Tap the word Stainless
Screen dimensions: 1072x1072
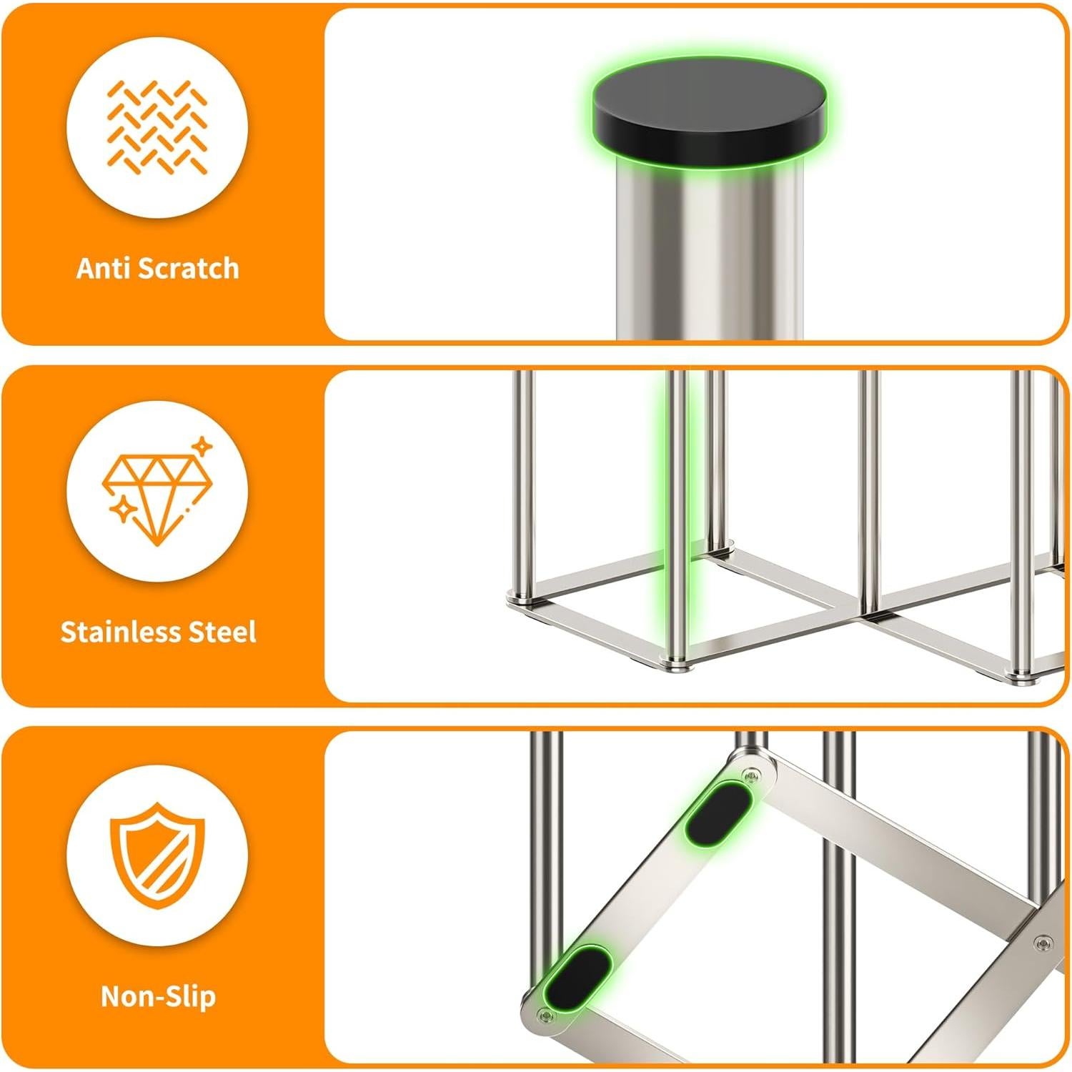click(x=122, y=632)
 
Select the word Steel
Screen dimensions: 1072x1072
click(x=222, y=632)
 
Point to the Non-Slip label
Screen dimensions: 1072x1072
click(x=158, y=996)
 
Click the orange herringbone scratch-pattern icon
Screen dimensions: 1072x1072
click(x=157, y=127)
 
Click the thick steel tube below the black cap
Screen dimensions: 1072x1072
click(x=709, y=257)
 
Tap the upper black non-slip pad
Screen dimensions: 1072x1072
click(x=718, y=812)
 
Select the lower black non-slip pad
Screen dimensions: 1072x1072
click(x=577, y=976)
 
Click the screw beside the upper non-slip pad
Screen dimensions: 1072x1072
click(x=751, y=775)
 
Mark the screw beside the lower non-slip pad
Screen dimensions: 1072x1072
click(x=547, y=1015)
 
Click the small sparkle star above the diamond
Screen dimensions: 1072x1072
click(x=203, y=447)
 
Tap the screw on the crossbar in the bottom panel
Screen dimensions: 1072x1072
click(x=1043, y=943)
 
